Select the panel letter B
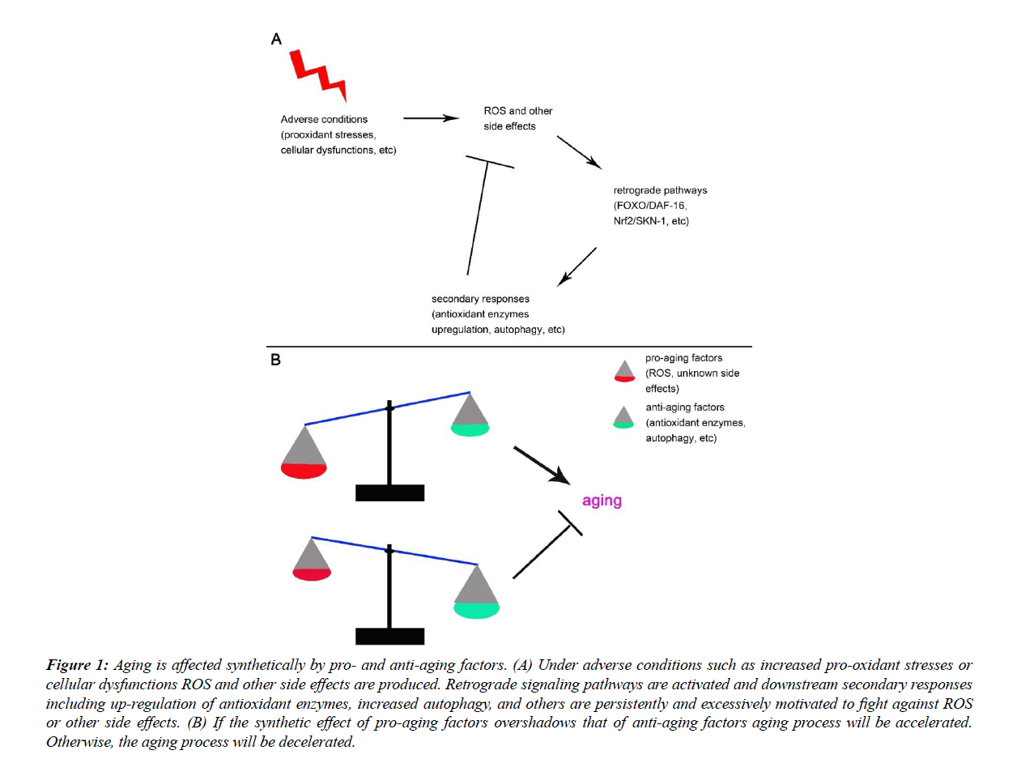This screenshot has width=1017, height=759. pos(275,360)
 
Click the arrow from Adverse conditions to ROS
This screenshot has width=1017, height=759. pos(430,118)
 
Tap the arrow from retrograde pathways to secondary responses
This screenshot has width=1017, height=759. pos(577,267)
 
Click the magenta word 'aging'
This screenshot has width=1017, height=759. pos(602,501)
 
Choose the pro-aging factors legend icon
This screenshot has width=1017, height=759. pos(623,370)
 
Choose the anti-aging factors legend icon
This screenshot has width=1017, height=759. pos(623,417)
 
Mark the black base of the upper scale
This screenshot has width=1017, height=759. pos(390,492)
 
